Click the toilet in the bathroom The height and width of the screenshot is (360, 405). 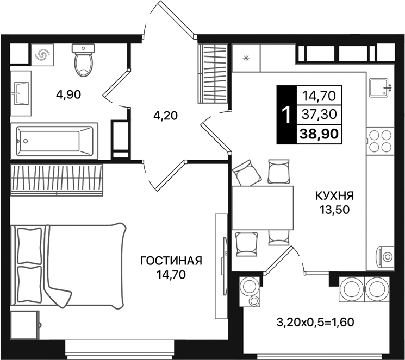pyautogui.click(x=83, y=61)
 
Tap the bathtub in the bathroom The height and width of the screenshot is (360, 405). pyautogui.click(x=54, y=140)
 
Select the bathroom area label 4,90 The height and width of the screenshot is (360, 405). pyautogui.click(x=68, y=94)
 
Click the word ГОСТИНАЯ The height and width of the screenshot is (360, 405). pyautogui.click(x=171, y=261)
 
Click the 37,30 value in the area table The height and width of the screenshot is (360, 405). pyautogui.click(x=318, y=114)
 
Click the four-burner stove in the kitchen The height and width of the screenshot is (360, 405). pyautogui.click(x=379, y=141)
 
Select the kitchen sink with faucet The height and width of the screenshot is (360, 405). pyautogui.click(x=379, y=87)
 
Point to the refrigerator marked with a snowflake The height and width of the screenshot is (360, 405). pyautogui.click(x=246, y=58)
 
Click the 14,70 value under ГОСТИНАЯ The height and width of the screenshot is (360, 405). pyautogui.click(x=171, y=275)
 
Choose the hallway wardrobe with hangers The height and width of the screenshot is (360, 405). pyautogui.click(x=214, y=72)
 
